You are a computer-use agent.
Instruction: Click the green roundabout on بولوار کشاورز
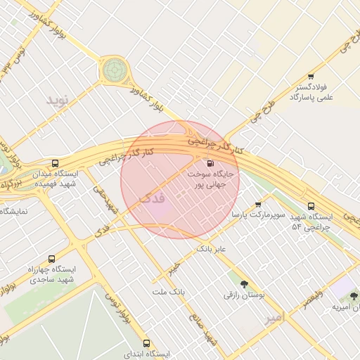point(112,70)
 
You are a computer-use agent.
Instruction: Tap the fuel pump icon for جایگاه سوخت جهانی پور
point(212,162)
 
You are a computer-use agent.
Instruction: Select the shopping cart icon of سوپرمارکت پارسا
point(258,205)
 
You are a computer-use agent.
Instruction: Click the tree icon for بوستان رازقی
point(244,285)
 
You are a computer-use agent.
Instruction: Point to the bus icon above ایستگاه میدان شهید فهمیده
point(56,163)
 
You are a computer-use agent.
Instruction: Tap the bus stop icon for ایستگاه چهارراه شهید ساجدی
point(51,259)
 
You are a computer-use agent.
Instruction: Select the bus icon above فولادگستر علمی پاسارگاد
point(311,77)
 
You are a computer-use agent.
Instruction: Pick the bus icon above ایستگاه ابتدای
point(146,343)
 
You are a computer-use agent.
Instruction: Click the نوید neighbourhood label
point(60,101)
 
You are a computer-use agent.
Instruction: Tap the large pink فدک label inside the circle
point(153,198)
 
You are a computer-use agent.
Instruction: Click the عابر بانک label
point(214,249)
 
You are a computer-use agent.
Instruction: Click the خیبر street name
point(173,267)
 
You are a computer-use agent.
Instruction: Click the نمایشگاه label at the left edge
point(14,210)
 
